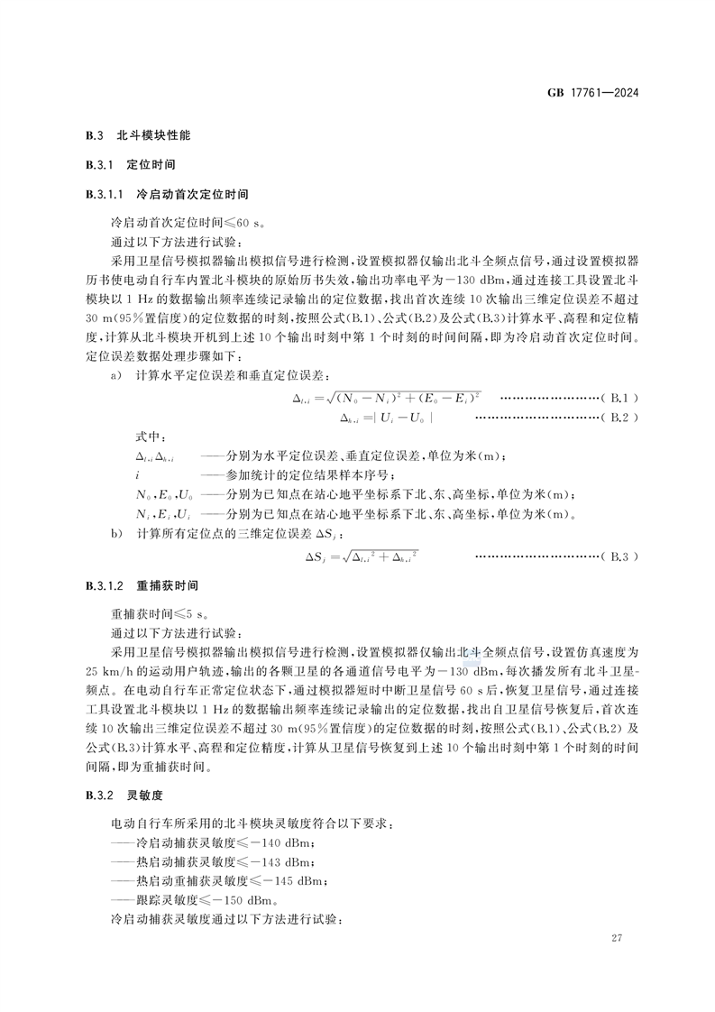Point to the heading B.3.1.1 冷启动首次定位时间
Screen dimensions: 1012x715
(167, 194)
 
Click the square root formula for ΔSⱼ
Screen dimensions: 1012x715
(362, 557)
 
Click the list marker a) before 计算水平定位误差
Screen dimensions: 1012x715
(115, 374)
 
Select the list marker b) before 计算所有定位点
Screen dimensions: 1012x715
(115, 534)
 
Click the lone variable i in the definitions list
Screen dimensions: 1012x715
(137, 475)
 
